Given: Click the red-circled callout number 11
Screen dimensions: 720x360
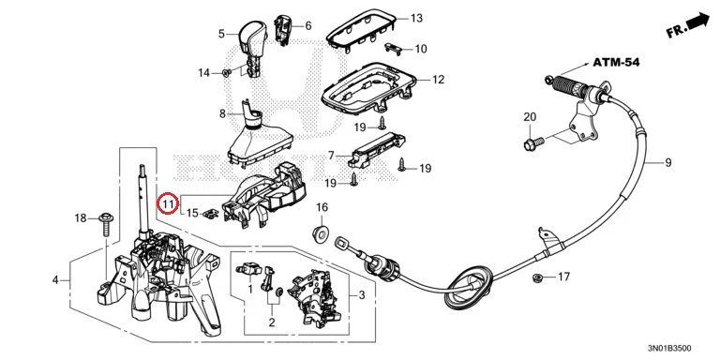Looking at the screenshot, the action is coord(168,203).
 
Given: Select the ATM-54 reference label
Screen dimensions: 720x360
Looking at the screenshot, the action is coord(616,62).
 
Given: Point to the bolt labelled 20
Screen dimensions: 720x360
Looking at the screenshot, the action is coord(533,142).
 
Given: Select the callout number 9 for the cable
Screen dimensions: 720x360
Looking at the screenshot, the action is coord(667,162).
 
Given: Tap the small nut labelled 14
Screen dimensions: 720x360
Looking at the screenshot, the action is coord(225,72).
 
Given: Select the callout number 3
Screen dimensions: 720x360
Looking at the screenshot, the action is coord(362,295).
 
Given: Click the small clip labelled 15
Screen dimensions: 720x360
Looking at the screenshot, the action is coord(211,213).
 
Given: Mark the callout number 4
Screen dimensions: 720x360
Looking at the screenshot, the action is coord(55,279).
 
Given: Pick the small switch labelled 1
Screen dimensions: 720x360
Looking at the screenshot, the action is coord(247,269).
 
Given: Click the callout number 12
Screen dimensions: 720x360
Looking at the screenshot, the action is coord(439,80).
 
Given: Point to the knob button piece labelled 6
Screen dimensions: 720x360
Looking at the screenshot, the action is coord(282,30).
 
